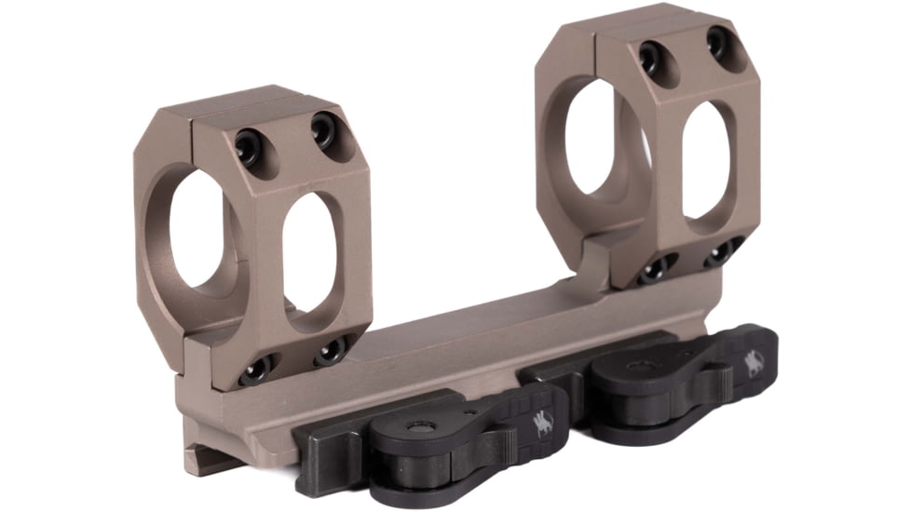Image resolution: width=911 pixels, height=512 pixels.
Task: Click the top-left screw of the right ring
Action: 648,58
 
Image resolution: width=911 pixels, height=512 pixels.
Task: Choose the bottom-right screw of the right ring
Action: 720,253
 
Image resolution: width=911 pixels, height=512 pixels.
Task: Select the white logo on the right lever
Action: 753,362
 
